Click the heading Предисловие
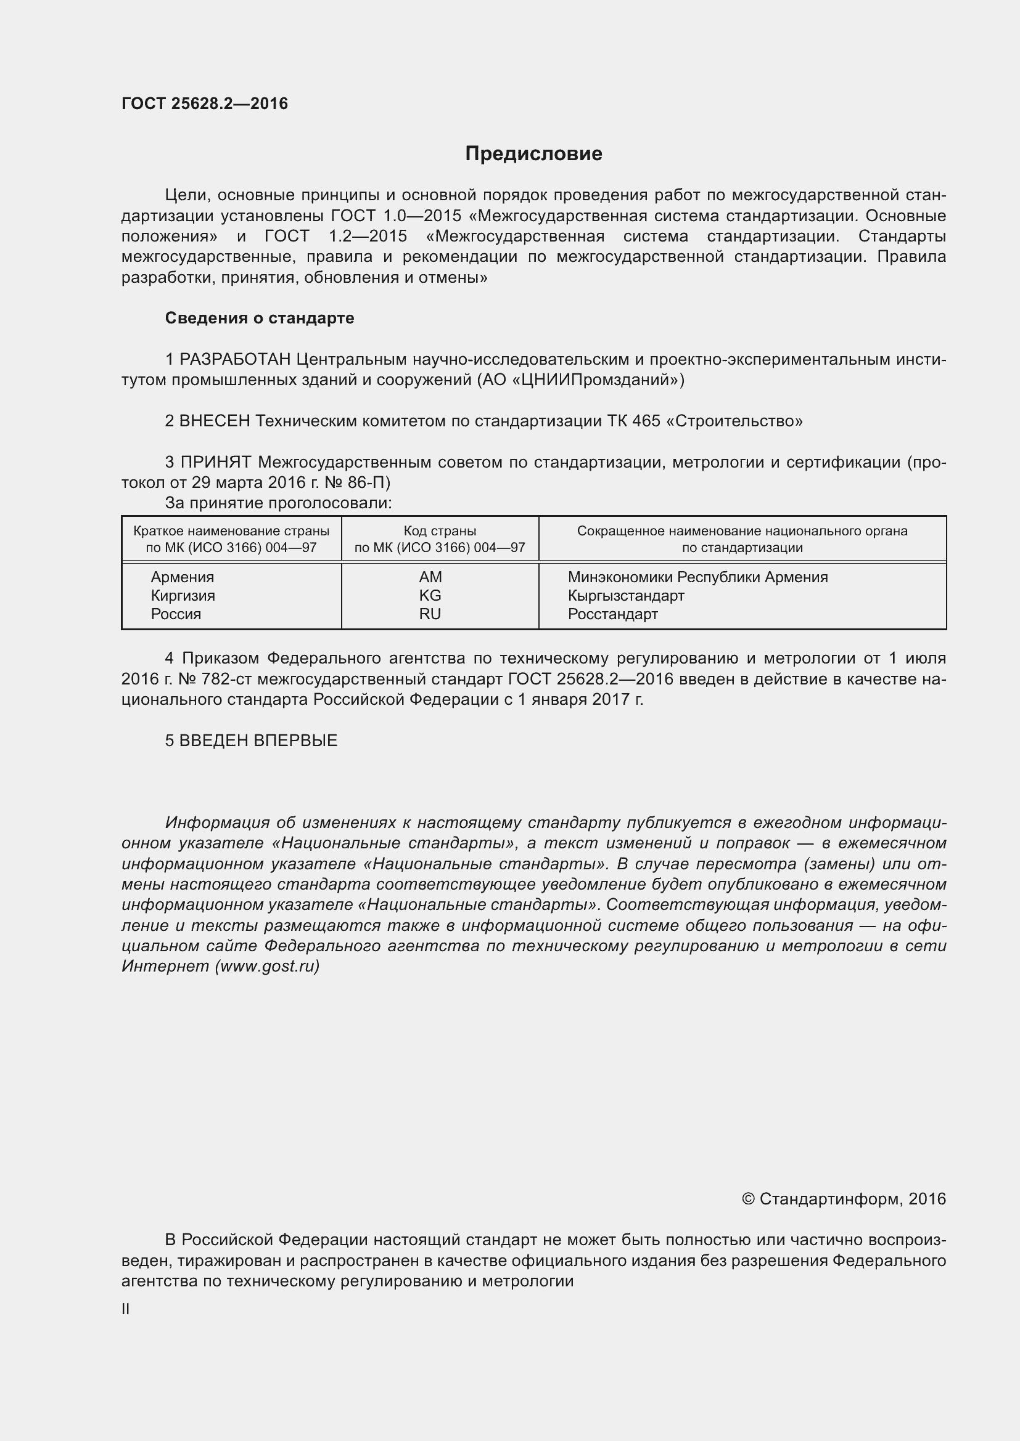[x=533, y=154]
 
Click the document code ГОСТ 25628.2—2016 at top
[x=205, y=104]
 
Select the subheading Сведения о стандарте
[x=260, y=318]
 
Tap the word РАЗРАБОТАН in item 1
[x=235, y=359]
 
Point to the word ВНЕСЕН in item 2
[x=215, y=421]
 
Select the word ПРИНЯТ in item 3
[x=216, y=462]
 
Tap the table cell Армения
[x=182, y=577]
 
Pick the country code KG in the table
[x=430, y=595]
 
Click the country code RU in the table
[x=430, y=614]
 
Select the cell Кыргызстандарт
[x=625, y=595]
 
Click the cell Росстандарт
[x=612, y=614]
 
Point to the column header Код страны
[x=440, y=531]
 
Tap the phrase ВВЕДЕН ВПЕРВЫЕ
[x=258, y=741]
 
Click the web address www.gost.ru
[x=267, y=966]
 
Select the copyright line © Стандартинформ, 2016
[x=844, y=1199]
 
